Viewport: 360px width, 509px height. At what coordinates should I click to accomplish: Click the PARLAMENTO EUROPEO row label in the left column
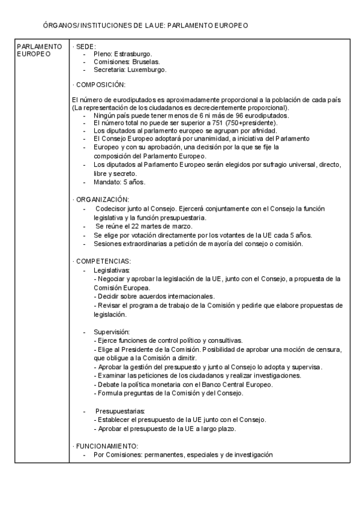[39, 50]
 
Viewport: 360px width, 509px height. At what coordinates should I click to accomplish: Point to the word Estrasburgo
[133, 54]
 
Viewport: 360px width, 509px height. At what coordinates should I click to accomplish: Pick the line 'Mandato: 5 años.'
[119, 181]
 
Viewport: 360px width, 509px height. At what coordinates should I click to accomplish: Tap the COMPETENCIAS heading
[102, 261]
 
